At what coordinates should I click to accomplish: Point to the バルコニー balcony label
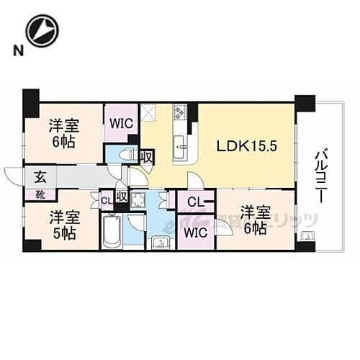(x=321, y=173)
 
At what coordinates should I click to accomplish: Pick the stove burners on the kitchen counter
(x=180, y=113)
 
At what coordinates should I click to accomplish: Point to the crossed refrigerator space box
(x=148, y=112)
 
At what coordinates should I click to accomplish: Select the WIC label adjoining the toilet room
(x=120, y=123)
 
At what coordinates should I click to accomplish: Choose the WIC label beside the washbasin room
(x=193, y=233)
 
